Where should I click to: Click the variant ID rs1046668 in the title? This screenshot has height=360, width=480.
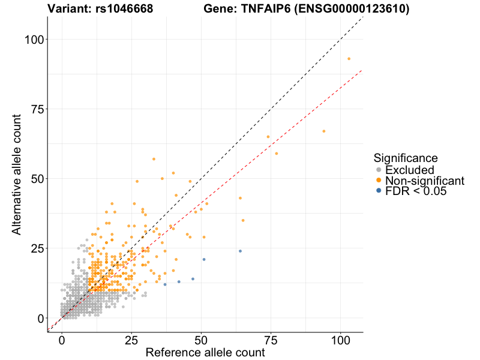click(124, 9)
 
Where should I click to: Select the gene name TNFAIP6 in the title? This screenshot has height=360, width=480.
click(274, 9)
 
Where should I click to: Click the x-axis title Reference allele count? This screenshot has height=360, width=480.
click(205, 352)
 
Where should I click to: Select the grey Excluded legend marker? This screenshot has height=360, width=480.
click(378, 170)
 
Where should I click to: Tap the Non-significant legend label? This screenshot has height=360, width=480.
click(425, 181)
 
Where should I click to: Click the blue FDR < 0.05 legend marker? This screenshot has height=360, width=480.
click(378, 191)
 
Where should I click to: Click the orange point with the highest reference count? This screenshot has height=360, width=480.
click(349, 59)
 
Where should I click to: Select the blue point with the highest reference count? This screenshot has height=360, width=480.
click(240, 251)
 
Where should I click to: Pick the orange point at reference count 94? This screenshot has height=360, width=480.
click(323, 131)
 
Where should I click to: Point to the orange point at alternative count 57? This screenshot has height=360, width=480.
click(154, 159)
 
